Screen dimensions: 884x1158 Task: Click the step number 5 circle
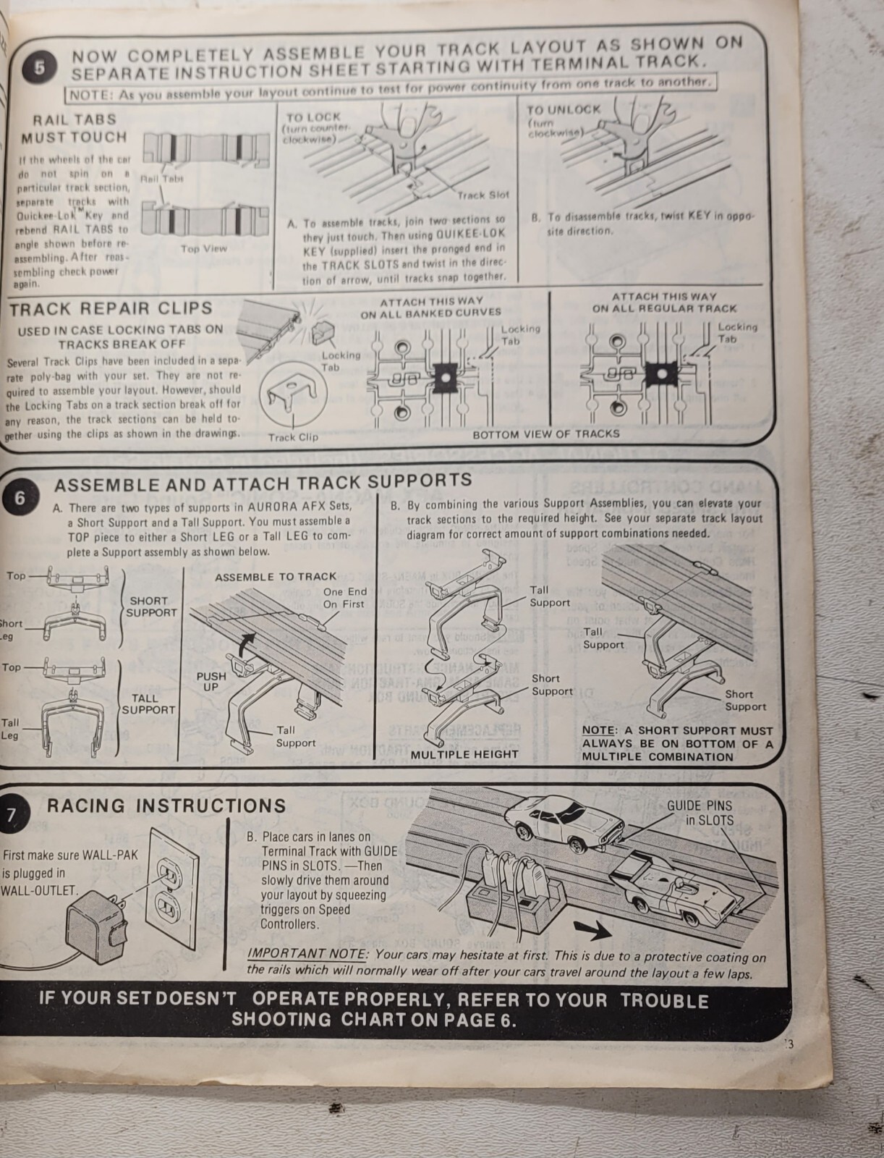point(39,67)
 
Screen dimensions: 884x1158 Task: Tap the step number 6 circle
point(19,499)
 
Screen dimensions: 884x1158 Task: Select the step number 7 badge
point(12,815)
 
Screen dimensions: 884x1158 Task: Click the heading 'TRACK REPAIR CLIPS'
point(111,308)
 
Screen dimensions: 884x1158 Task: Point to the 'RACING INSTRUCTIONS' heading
point(166,806)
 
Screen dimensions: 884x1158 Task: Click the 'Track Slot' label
point(483,195)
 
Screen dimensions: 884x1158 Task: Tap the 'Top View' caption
point(204,248)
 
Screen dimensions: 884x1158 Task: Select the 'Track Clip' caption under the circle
point(293,437)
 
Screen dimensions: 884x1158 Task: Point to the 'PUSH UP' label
point(211,681)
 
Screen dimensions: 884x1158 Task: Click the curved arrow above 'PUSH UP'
point(247,641)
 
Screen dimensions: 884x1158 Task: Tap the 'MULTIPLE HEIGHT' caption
point(464,754)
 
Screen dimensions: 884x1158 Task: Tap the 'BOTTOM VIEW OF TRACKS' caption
point(546,434)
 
